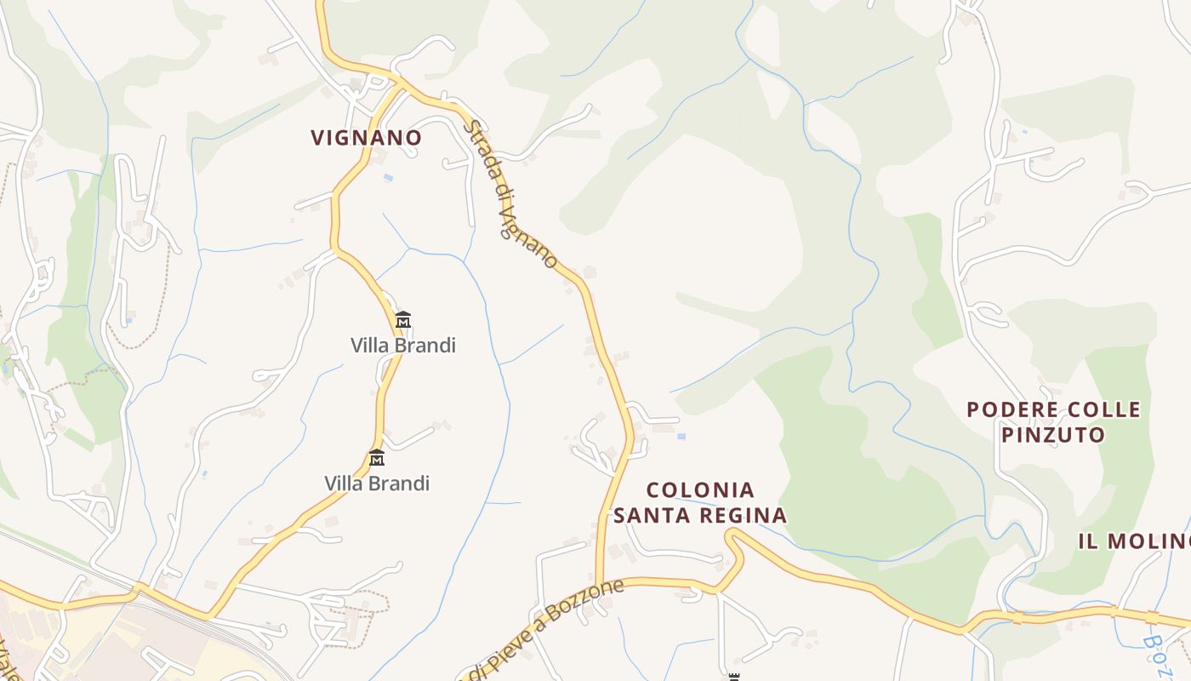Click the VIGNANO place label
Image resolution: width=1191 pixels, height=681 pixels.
pyautogui.click(x=366, y=137)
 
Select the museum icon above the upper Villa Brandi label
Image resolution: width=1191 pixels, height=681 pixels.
pyautogui.click(x=403, y=320)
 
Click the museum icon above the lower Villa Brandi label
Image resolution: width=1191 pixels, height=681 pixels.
pyautogui.click(x=377, y=458)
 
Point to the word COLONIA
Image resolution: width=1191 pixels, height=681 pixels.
pyautogui.click(x=700, y=489)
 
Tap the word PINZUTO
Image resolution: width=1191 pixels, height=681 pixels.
pyautogui.click(x=1052, y=435)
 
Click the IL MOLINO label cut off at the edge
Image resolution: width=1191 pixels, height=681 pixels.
pyautogui.click(x=1135, y=541)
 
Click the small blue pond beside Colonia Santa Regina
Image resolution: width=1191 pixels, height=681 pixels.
pyautogui.click(x=681, y=437)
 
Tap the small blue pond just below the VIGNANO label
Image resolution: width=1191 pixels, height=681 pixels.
pyautogui.click(x=389, y=177)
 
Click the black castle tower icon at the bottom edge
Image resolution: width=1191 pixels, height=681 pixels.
pyautogui.click(x=733, y=677)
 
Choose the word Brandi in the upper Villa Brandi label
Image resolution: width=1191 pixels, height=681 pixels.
pyautogui.click(x=426, y=345)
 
